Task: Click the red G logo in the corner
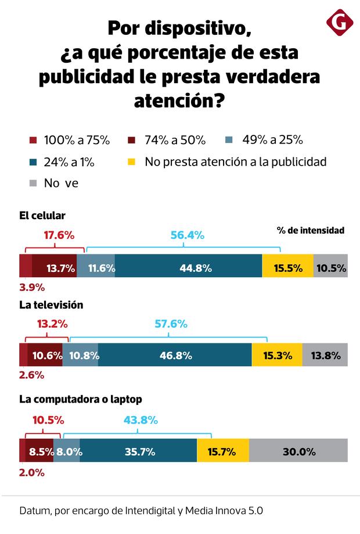point(340,23)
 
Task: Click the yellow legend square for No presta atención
point(131,162)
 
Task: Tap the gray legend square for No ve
point(33,184)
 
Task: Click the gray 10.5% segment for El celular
point(332,268)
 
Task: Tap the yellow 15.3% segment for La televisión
point(277,355)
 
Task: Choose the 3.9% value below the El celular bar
point(32,287)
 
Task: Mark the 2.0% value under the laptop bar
point(32,472)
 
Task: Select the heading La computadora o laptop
point(81,399)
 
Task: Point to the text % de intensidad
point(311,231)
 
